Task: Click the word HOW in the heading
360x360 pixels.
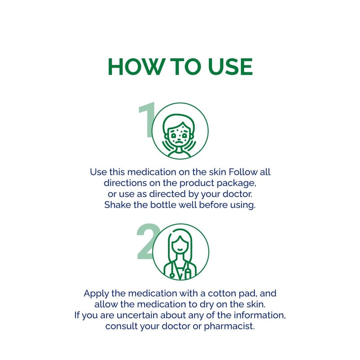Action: click(136, 67)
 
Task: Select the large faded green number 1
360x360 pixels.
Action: click(147, 120)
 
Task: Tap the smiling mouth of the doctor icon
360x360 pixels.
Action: click(180, 249)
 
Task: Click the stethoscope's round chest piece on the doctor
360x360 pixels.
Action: click(172, 275)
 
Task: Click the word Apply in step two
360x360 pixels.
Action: click(96, 294)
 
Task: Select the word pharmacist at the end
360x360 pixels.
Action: click(229, 327)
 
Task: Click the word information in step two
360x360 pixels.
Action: click(260, 315)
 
